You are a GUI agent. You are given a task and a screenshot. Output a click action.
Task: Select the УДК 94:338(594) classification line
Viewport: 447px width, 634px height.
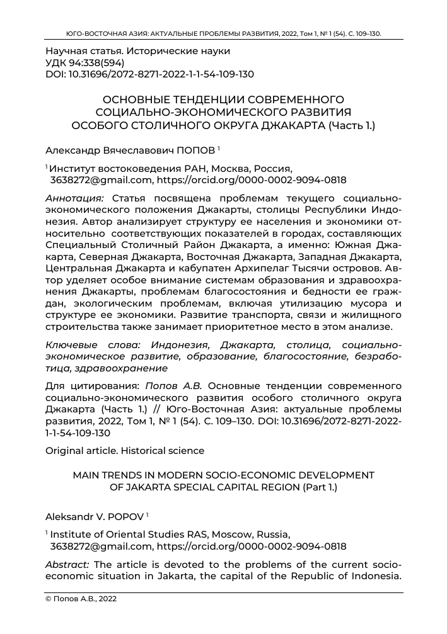[x=85, y=62]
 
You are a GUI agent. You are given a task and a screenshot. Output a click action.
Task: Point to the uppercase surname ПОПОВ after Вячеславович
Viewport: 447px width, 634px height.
[x=194, y=152]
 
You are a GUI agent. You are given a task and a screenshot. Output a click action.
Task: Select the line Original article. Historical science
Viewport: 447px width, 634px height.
[x=125, y=450]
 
